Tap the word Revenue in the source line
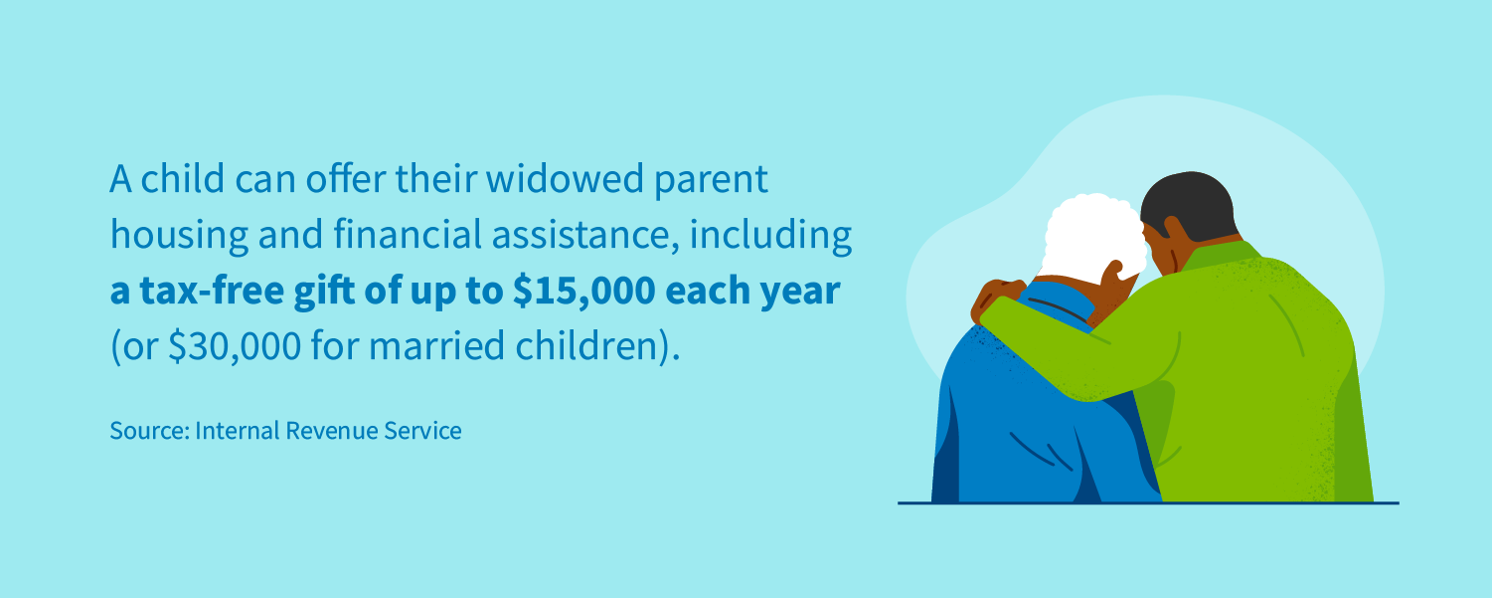(x=327, y=431)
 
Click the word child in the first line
(x=189, y=180)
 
